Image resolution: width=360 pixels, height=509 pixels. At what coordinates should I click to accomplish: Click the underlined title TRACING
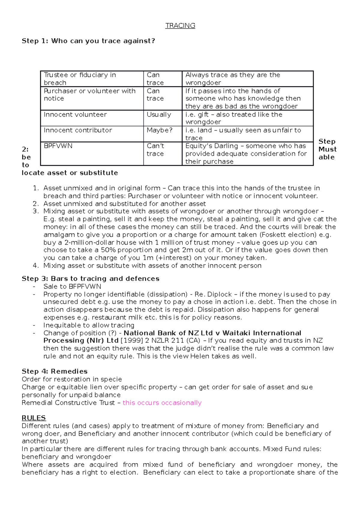(x=180, y=26)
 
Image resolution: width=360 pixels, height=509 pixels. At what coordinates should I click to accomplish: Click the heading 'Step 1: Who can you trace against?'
(x=88, y=41)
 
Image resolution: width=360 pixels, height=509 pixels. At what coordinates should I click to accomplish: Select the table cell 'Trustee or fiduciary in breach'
(x=80, y=79)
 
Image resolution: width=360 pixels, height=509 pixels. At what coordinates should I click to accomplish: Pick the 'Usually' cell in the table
(x=159, y=115)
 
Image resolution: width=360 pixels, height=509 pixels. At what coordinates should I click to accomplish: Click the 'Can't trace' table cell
(x=155, y=150)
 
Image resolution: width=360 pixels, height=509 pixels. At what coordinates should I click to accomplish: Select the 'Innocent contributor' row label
(x=78, y=130)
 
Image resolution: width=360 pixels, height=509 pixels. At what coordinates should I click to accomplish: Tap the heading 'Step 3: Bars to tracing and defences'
(x=90, y=278)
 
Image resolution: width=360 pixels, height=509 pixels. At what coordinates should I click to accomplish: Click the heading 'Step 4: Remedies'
(x=55, y=371)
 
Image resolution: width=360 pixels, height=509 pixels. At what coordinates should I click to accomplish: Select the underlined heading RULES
(x=34, y=418)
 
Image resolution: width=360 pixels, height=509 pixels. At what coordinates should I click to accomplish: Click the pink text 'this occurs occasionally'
(x=162, y=403)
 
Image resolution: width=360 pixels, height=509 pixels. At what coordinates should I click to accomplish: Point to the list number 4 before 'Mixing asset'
(x=36, y=266)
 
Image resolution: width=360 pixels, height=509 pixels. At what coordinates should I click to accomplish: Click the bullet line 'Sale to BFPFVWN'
(x=72, y=286)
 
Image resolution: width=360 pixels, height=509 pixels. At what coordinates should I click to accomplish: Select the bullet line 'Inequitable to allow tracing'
(x=89, y=325)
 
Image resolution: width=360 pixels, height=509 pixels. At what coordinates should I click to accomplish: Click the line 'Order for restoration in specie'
(x=72, y=379)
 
